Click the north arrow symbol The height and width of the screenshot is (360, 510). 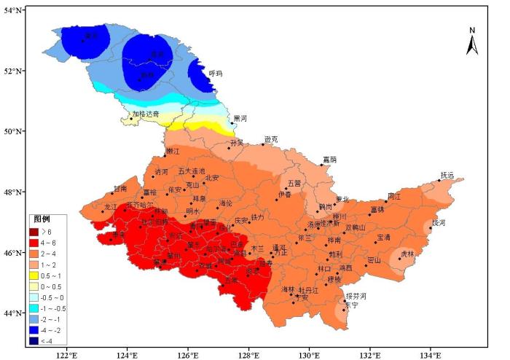tap(472, 42)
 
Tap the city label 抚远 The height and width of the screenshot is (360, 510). tap(447, 175)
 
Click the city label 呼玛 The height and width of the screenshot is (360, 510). tap(216, 74)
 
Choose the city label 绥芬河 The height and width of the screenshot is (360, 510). tap(356, 296)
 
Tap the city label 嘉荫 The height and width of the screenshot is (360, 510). tap(329, 159)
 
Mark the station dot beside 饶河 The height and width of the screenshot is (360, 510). tap(430, 228)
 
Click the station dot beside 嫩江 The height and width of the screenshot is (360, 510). tap(164, 155)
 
